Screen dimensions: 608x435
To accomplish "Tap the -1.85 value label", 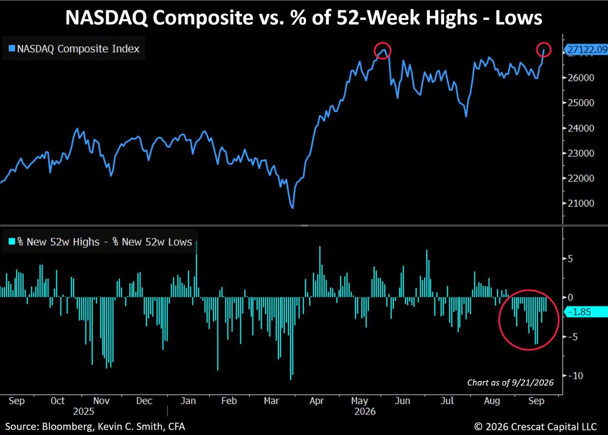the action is point(579,312).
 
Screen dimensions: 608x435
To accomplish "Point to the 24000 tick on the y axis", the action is point(581,128).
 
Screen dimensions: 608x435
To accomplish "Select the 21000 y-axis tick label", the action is point(581,203).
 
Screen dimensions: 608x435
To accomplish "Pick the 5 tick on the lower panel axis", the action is point(570,259).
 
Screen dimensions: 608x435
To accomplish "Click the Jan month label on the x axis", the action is point(188,401).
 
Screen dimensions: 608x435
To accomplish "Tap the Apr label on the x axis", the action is point(317,401).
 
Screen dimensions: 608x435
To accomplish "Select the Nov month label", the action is point(101,401).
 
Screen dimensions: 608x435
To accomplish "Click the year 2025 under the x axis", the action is point(84,411).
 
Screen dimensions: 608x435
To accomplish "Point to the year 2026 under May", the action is point(365,411).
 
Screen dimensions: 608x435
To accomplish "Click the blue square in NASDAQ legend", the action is point(12,48).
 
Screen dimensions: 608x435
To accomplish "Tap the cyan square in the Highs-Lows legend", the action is point(12,241).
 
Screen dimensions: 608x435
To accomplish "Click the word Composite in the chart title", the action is point(202,18).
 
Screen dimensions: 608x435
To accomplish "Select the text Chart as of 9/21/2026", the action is point(510,383).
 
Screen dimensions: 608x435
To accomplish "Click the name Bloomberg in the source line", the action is point(68,426).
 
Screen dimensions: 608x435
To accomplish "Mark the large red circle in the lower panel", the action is point(499,320).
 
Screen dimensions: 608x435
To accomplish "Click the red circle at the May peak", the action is point(375,51).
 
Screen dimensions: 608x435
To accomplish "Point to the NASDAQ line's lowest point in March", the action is point(293,208).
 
